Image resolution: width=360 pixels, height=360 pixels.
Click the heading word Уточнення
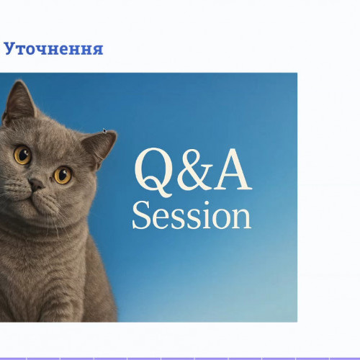(x=53, y=49)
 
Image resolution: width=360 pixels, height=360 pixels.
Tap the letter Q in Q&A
(x=153, y=171)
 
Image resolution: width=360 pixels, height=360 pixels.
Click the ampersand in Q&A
(x=195, y=169)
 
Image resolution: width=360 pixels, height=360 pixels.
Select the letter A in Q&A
(x=233, y=169)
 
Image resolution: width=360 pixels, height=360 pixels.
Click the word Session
(x=192, y=215)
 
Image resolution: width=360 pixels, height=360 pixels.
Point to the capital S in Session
(x=141, y=215)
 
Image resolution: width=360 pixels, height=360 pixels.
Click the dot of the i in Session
(x=207, y=204)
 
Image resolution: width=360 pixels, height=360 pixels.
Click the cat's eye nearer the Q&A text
(x=63, y=175)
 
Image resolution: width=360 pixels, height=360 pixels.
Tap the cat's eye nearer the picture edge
(x=22, y=155)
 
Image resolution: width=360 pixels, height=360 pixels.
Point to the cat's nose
(x=36, y=185)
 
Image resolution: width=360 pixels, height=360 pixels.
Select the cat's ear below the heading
(x=20, y=101)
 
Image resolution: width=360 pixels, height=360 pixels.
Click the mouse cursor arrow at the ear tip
(x=104, y=131)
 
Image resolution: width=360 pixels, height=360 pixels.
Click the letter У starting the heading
(x=10, y=50)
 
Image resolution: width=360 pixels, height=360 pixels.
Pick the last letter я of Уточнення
(x=97, y=50)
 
